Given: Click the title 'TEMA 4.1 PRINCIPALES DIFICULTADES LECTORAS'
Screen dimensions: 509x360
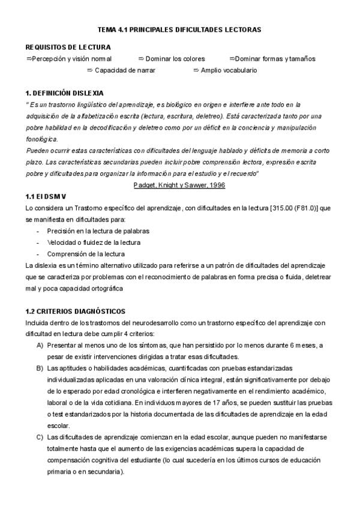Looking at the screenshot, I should [x=179, y=29].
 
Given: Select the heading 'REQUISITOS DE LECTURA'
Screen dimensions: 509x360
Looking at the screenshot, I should [x=68, y=47].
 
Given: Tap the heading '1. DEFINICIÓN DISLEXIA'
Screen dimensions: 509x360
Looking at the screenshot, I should [x=64, y=93].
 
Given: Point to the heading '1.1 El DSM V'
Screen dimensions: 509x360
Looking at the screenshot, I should [x=45, y=197].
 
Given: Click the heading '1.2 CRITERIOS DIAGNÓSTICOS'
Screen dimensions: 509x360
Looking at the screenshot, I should [x=75, y=312].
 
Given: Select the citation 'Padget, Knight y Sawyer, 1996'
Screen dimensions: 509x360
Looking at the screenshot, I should [x=179, y=185].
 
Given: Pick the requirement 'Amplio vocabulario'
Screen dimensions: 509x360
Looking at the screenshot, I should [x=229, y=70].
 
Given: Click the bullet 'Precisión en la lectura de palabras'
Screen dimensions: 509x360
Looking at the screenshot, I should [x=98, y=230].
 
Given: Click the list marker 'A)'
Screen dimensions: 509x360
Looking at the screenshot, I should [x=40, y=345].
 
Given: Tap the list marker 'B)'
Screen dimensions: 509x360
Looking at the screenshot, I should [x=40, y=367].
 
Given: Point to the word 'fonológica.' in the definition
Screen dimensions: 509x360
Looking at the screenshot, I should [x=42, y=139].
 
